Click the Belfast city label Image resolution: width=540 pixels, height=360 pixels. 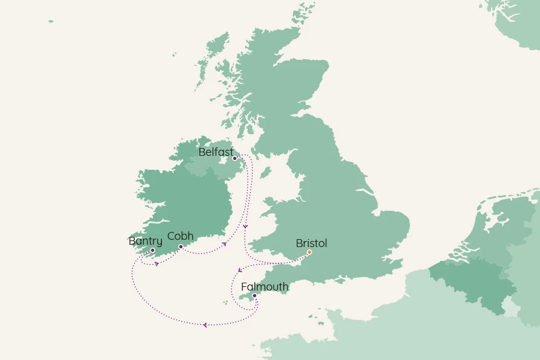[x=216, y=152]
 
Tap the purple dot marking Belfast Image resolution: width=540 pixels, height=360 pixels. [x=235, y=158]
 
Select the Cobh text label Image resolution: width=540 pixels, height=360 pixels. [x=180, y=236]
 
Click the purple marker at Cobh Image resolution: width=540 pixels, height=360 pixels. [x=181, y=246]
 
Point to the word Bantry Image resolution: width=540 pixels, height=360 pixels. [x=146, y=242]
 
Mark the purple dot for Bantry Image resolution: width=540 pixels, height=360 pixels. [x=152, y=250]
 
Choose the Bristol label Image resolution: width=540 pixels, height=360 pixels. [x=311, y=243]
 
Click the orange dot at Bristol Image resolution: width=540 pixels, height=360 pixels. [x=309, y=252]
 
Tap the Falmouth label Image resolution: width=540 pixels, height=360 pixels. [x=265, y=287]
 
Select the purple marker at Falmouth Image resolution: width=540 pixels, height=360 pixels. [x=254, y=295]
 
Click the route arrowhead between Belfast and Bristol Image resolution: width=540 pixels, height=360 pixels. [x=245, y=227]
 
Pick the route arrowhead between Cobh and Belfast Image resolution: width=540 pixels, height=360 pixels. [x=224, y=244]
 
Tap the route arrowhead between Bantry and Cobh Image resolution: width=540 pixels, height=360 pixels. [x=157, y=264]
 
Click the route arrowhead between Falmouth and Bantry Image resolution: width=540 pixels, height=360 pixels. [x=205, y=325]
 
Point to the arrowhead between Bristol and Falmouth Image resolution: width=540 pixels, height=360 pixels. [x=240, y=270]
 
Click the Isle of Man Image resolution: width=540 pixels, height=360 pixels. [x=265, y=172]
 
